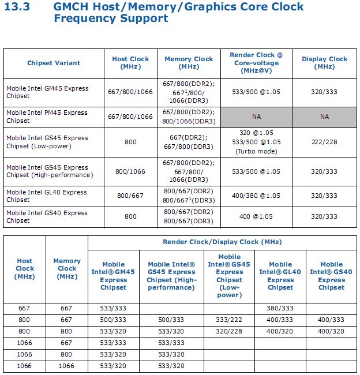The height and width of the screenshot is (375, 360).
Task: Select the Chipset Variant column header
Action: pos(54,63)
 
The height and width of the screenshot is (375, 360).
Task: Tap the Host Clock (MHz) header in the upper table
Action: pos(131,63)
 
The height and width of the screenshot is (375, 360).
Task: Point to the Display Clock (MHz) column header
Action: pos(324,63)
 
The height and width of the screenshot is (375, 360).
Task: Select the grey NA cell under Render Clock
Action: pos(257,117)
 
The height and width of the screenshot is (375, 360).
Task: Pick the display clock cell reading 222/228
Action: pos(324,142)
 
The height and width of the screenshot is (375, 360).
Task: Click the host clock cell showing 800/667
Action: pos(131,196)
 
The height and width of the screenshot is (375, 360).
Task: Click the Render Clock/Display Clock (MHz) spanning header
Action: pos(222,242)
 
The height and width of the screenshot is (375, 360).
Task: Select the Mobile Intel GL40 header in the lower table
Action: pos(280,276)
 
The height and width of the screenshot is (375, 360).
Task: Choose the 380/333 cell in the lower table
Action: pos(280,309)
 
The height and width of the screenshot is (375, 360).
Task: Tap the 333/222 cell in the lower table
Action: pos(229,320)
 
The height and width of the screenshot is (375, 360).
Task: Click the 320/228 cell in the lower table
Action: pos(229,331)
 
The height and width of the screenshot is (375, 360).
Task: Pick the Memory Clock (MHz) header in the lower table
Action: pos(67,268)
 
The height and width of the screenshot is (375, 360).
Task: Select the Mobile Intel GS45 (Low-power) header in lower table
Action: pos(229,276)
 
